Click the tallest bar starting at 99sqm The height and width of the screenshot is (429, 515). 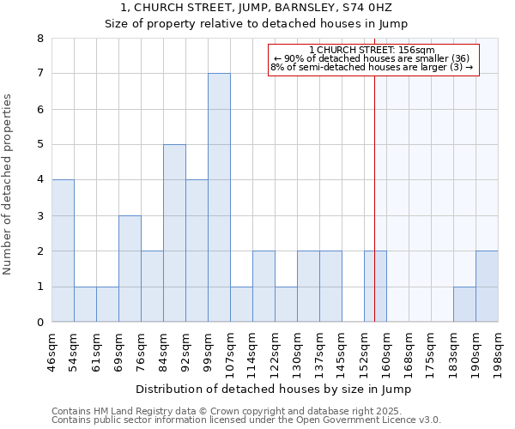(219, 197)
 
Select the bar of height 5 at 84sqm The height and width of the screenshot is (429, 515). (174, 233)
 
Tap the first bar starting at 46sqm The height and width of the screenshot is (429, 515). (63, 251)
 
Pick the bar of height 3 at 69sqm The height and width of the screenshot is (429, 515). (130, 269)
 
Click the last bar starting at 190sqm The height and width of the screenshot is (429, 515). (487, 287)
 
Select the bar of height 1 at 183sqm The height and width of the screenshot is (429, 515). (464, 305)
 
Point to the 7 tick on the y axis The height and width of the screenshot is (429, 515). (40, 75)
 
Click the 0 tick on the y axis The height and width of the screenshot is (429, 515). (40, 323)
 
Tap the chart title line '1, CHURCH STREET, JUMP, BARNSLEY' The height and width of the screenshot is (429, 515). (257, 8)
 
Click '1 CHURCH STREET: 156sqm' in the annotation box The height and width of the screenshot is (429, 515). (372, 50)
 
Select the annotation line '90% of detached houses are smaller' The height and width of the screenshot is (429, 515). (372, 58)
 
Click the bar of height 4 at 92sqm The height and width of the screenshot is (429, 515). (197, 251)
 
